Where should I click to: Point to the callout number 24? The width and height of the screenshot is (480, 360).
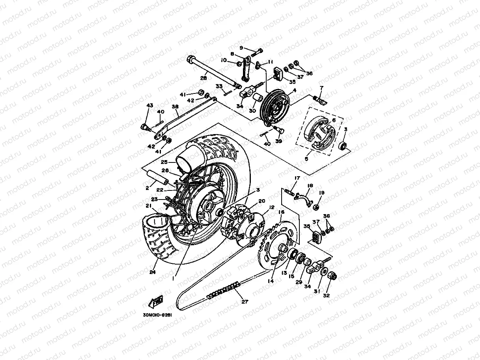pyautogui.click(x=153, y=272)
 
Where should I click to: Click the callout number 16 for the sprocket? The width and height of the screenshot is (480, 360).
pyautogui.click(x=281, y=212)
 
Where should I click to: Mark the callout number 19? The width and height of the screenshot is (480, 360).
pyautogui.click(x=321, y=192)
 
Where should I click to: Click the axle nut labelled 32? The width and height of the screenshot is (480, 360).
pyautogui.click(x=332, y=276)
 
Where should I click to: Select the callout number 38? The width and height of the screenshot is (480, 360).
pyautogui.click(x=175, y=107)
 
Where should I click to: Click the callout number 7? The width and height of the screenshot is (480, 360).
pyautogui.click(x=321, y=88)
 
